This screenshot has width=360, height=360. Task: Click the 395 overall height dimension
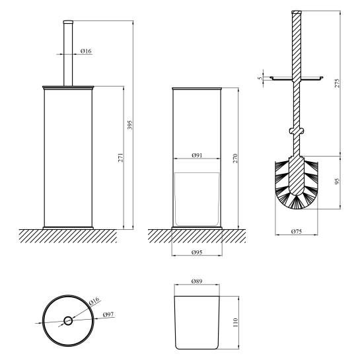(x=130, y=125)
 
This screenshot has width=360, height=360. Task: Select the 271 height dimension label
(x=121, y=157)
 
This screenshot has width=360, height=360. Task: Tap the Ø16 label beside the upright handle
(x=86, y=51)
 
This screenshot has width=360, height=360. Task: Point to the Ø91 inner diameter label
(x=197, y=155)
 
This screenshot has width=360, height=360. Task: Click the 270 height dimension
(x=235, y=159)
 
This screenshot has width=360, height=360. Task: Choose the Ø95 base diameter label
(x=197, y=252)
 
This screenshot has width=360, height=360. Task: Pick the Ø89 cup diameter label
(x=197, y=281)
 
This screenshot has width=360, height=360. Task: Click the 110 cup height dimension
(x=235, y=323)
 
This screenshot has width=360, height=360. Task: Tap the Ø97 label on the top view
(x=108, y=314)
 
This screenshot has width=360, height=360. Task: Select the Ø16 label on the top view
(x=94, y=301)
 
